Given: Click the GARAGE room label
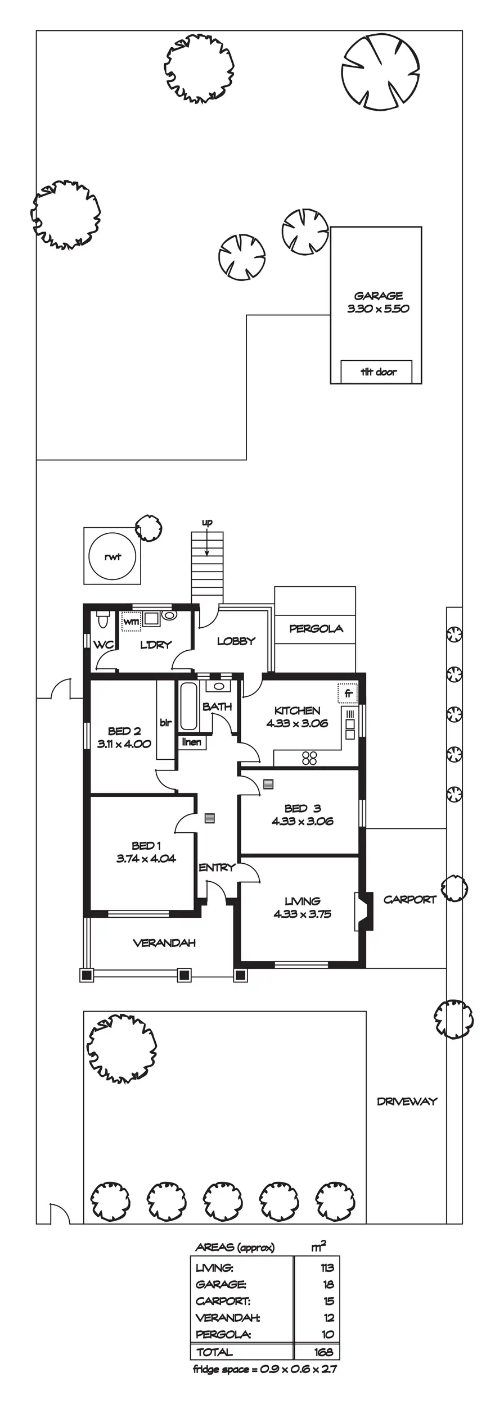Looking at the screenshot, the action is (x=378, y=296).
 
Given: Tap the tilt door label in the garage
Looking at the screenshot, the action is (x=378, y=371).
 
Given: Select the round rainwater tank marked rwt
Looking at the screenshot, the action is (x=112, y=557).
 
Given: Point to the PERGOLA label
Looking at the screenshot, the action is (x=316, y=628).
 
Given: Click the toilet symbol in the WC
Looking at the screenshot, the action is (x=102, y=620).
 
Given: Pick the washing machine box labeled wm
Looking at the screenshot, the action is (x=131, y=622).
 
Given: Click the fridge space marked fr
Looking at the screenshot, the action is (x=348, y=694).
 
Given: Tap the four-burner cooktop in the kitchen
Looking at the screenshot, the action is (x=309, y=758).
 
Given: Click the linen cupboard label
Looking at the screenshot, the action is (x=192, y=742).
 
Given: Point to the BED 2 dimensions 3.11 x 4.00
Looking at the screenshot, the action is (x=124, y=744).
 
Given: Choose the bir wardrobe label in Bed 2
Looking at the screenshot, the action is (x=165, y=722).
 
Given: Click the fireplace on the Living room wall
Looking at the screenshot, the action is (x=363, y=912).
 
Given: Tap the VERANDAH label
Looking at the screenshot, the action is (x=164, y=942).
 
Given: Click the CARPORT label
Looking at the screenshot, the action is (x=409, y=899).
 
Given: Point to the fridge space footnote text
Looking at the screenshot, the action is (x=264, y=1370).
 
